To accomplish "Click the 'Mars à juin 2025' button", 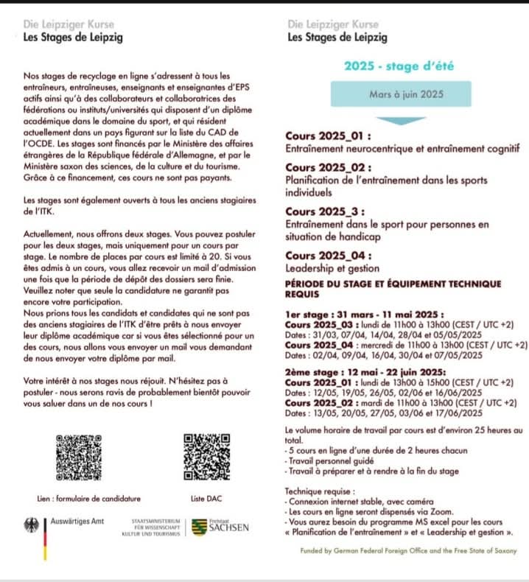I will coord(400,94).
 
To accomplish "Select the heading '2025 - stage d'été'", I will coord(399,66).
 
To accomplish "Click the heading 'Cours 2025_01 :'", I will coord(328,136).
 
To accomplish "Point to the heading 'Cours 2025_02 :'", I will coord(328,167).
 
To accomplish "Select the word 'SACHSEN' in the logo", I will coord(228,528).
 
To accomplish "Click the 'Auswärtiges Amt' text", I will coord(77,522).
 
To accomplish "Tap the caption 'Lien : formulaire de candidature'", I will coord(88,499).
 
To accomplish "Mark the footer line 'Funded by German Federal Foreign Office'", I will coord(408,550).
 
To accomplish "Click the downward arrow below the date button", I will coord(399,119).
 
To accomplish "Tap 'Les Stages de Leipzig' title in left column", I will coord(73,37).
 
